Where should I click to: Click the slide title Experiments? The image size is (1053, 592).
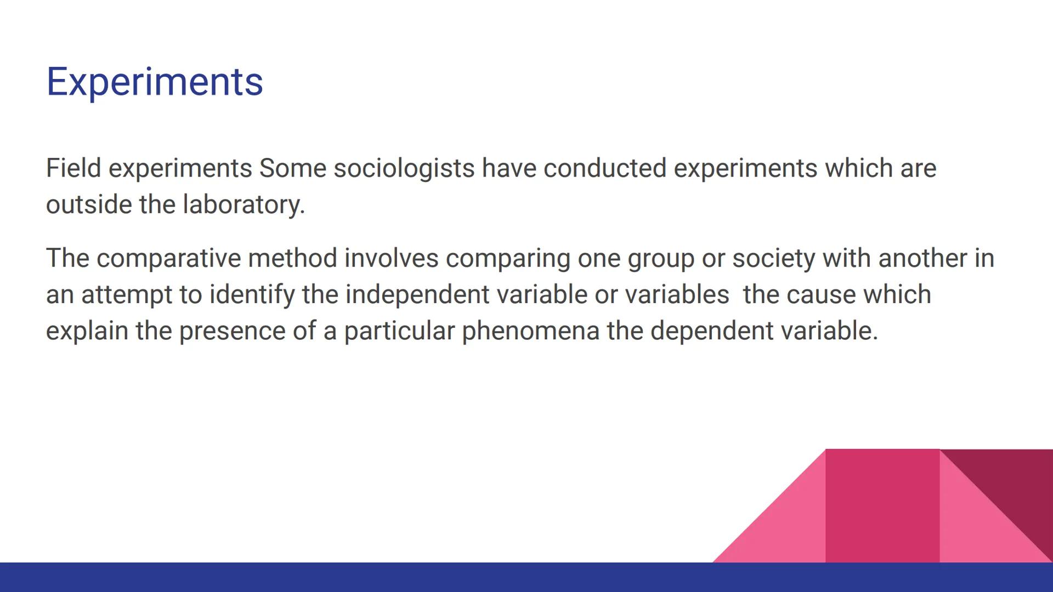pyautogui.click(x=155, y=82)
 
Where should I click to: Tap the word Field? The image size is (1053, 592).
pyautogui.click(x=73, y=168)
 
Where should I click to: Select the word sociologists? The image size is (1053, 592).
pyautogui.click(x=404, y=168)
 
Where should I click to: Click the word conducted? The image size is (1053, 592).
pyautogui.click(x=605, y=168)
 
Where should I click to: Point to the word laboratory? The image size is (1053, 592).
pyautogui.click(x=244, y=204)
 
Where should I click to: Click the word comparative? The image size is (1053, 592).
pyautogui.click(x=169, y=258)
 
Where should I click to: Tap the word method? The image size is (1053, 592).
pyautogui.click(x=292, y=258)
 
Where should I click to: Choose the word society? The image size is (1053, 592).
pyautogui.click(x=774, y=258)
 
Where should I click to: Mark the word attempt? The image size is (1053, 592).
pyautogui.click(x=127, y=295)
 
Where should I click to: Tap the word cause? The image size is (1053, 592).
pyautogui.click(x=821, y=295)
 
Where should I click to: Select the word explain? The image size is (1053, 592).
pyautogui.click(x=87, y=331)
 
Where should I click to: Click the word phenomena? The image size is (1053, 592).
pyautogui.click(x=530, y=331)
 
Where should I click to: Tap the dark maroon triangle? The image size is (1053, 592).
pyautogui.click(x=1015, y=482)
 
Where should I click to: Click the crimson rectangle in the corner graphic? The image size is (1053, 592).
pyautogui.click(x=882, y=504)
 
